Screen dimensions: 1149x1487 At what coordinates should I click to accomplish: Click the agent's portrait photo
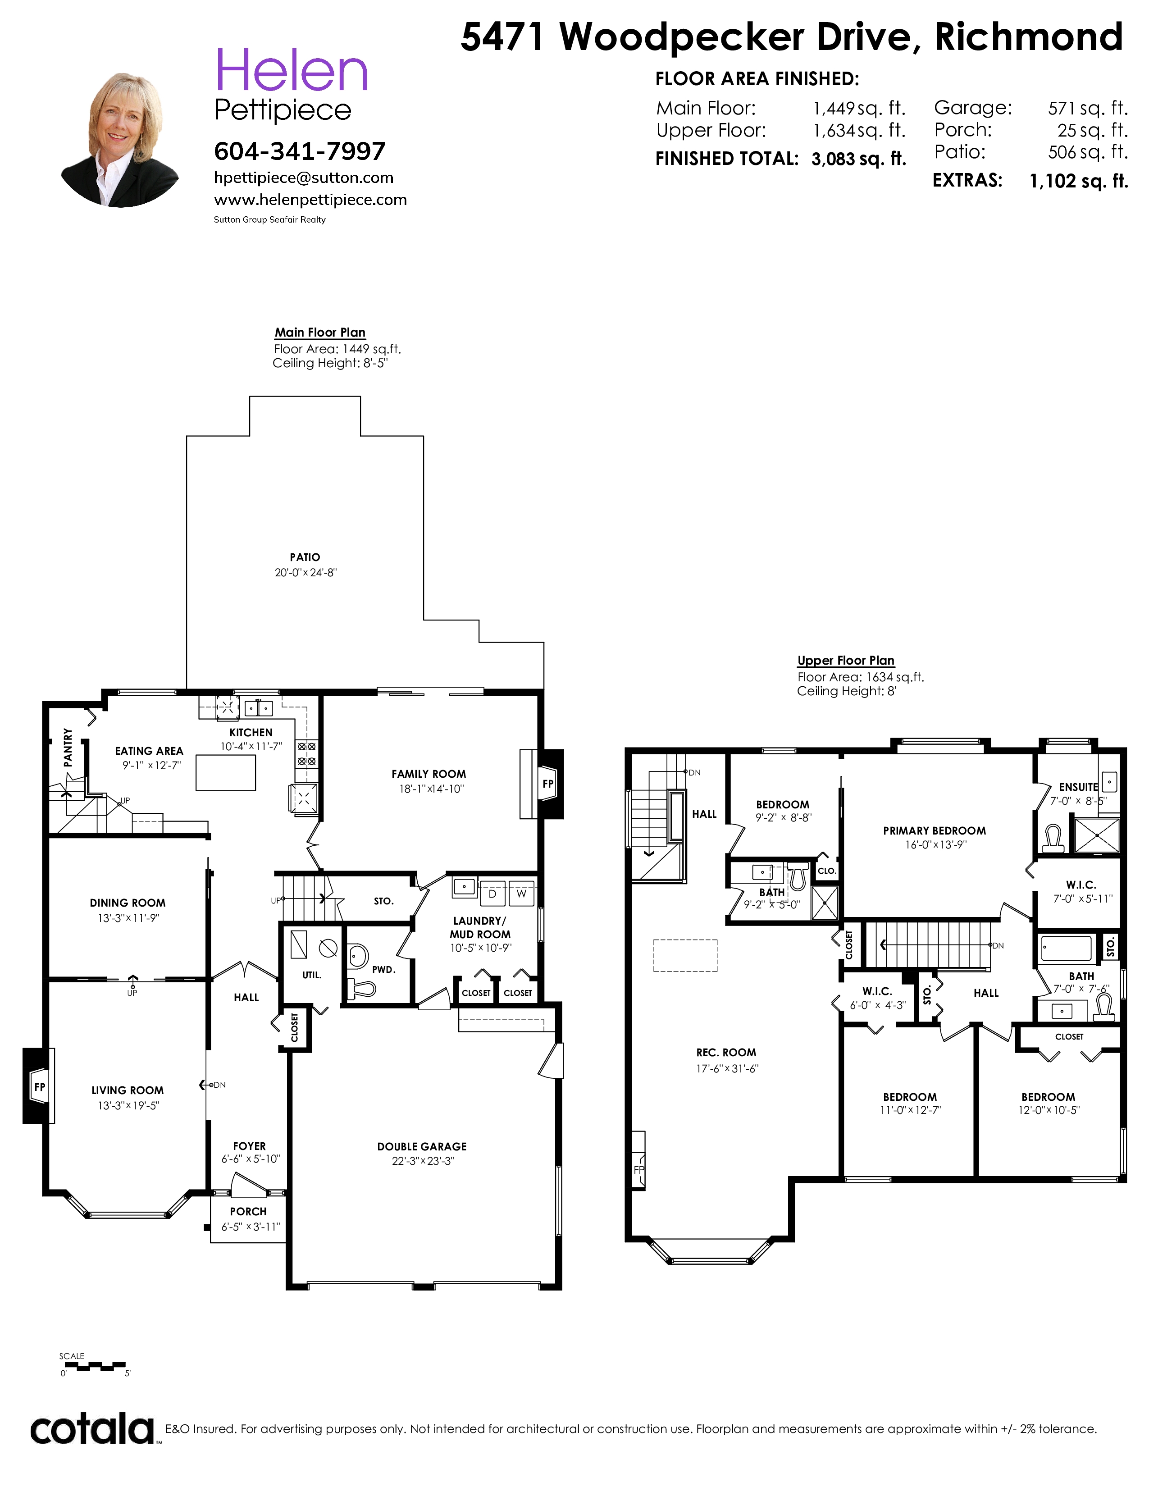[120, 140]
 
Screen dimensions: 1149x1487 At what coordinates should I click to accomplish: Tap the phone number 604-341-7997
[300, 151]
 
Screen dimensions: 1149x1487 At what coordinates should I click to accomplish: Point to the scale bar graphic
[92, 1365]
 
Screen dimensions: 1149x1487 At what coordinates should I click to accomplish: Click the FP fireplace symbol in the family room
[548, 784]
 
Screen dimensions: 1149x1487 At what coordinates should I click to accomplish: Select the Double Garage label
[422, 1147]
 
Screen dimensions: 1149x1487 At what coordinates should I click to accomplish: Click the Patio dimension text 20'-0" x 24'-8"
[305, 573]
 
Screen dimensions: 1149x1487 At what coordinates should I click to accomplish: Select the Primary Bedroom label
[935, 830]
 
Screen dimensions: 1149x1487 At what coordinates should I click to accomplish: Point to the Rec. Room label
[726, 1053]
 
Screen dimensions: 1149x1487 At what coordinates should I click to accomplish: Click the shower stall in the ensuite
[1097, 835]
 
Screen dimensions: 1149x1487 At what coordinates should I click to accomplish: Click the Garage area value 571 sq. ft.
[1088, 108]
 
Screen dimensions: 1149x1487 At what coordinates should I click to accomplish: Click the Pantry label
[68, 748]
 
